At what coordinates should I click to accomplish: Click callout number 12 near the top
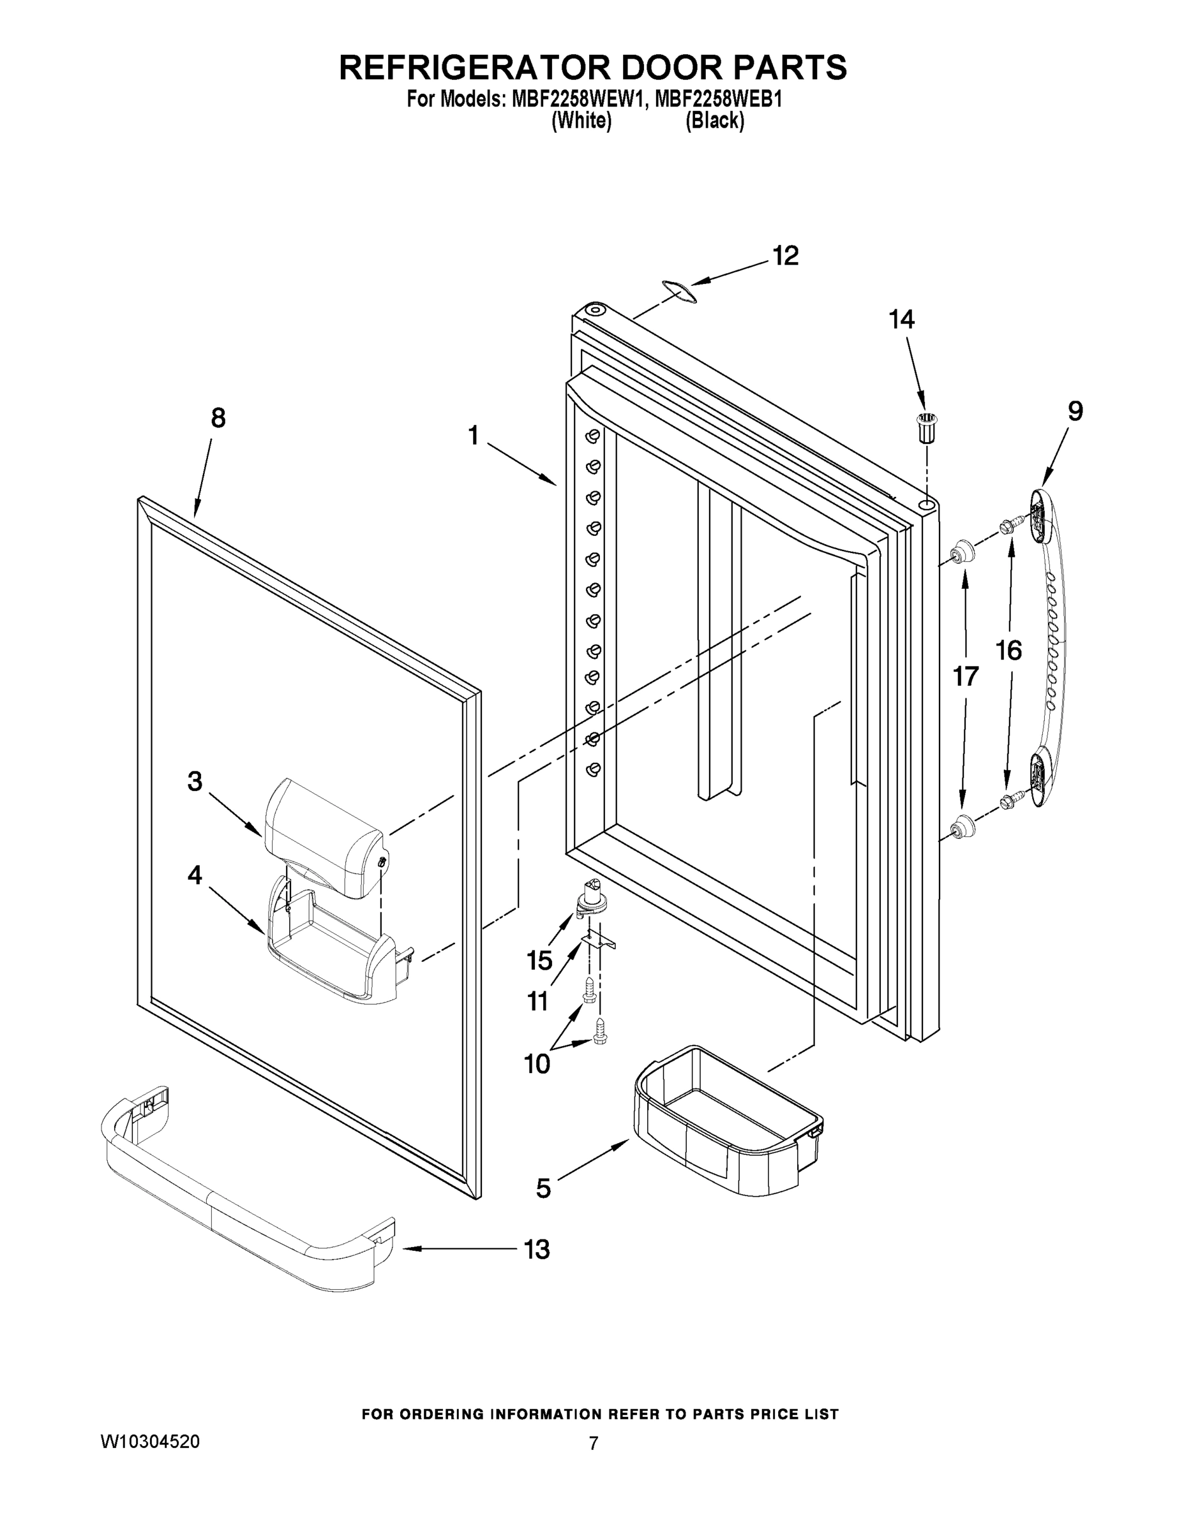pyautogui.click(x=786, y=256)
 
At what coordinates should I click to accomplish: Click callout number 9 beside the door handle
pyautogui.click(x=1075, y=411)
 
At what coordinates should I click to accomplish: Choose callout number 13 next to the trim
pyautogui.click(x=537, y=1248)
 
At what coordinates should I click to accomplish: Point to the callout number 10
pyautogui.click(x=537, y=1063)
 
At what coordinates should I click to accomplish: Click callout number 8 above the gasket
pyautogui.click(x=218, y=418)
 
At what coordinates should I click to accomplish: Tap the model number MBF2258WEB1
pyautogui.click(x=717, y=100)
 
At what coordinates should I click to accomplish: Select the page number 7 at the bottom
pyautogui.click(x=594, y=1443)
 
